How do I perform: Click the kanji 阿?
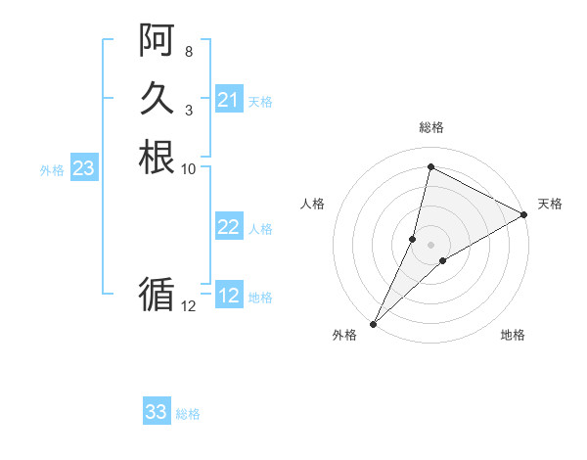(157, 39)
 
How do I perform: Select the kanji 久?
(157, 98)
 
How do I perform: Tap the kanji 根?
(157, 157)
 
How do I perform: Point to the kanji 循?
(157, 293)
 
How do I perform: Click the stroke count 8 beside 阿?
(189, 51)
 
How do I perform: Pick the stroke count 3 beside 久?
(189, 110)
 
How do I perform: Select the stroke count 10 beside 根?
(189, 168)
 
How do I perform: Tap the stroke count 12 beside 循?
(189, 305)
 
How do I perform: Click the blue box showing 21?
(228, 100)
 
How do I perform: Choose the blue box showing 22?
(228, 227)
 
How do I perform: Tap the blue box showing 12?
(228, 296)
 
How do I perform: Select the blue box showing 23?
(83, 168)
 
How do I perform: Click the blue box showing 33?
(156, 412)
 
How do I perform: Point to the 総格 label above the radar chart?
(431, 127)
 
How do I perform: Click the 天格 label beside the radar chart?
(550, 204)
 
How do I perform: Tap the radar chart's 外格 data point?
(374, 323)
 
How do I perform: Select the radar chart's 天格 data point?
(524, 214)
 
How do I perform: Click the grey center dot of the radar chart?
(431, 245)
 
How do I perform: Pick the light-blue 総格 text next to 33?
(188, 414)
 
